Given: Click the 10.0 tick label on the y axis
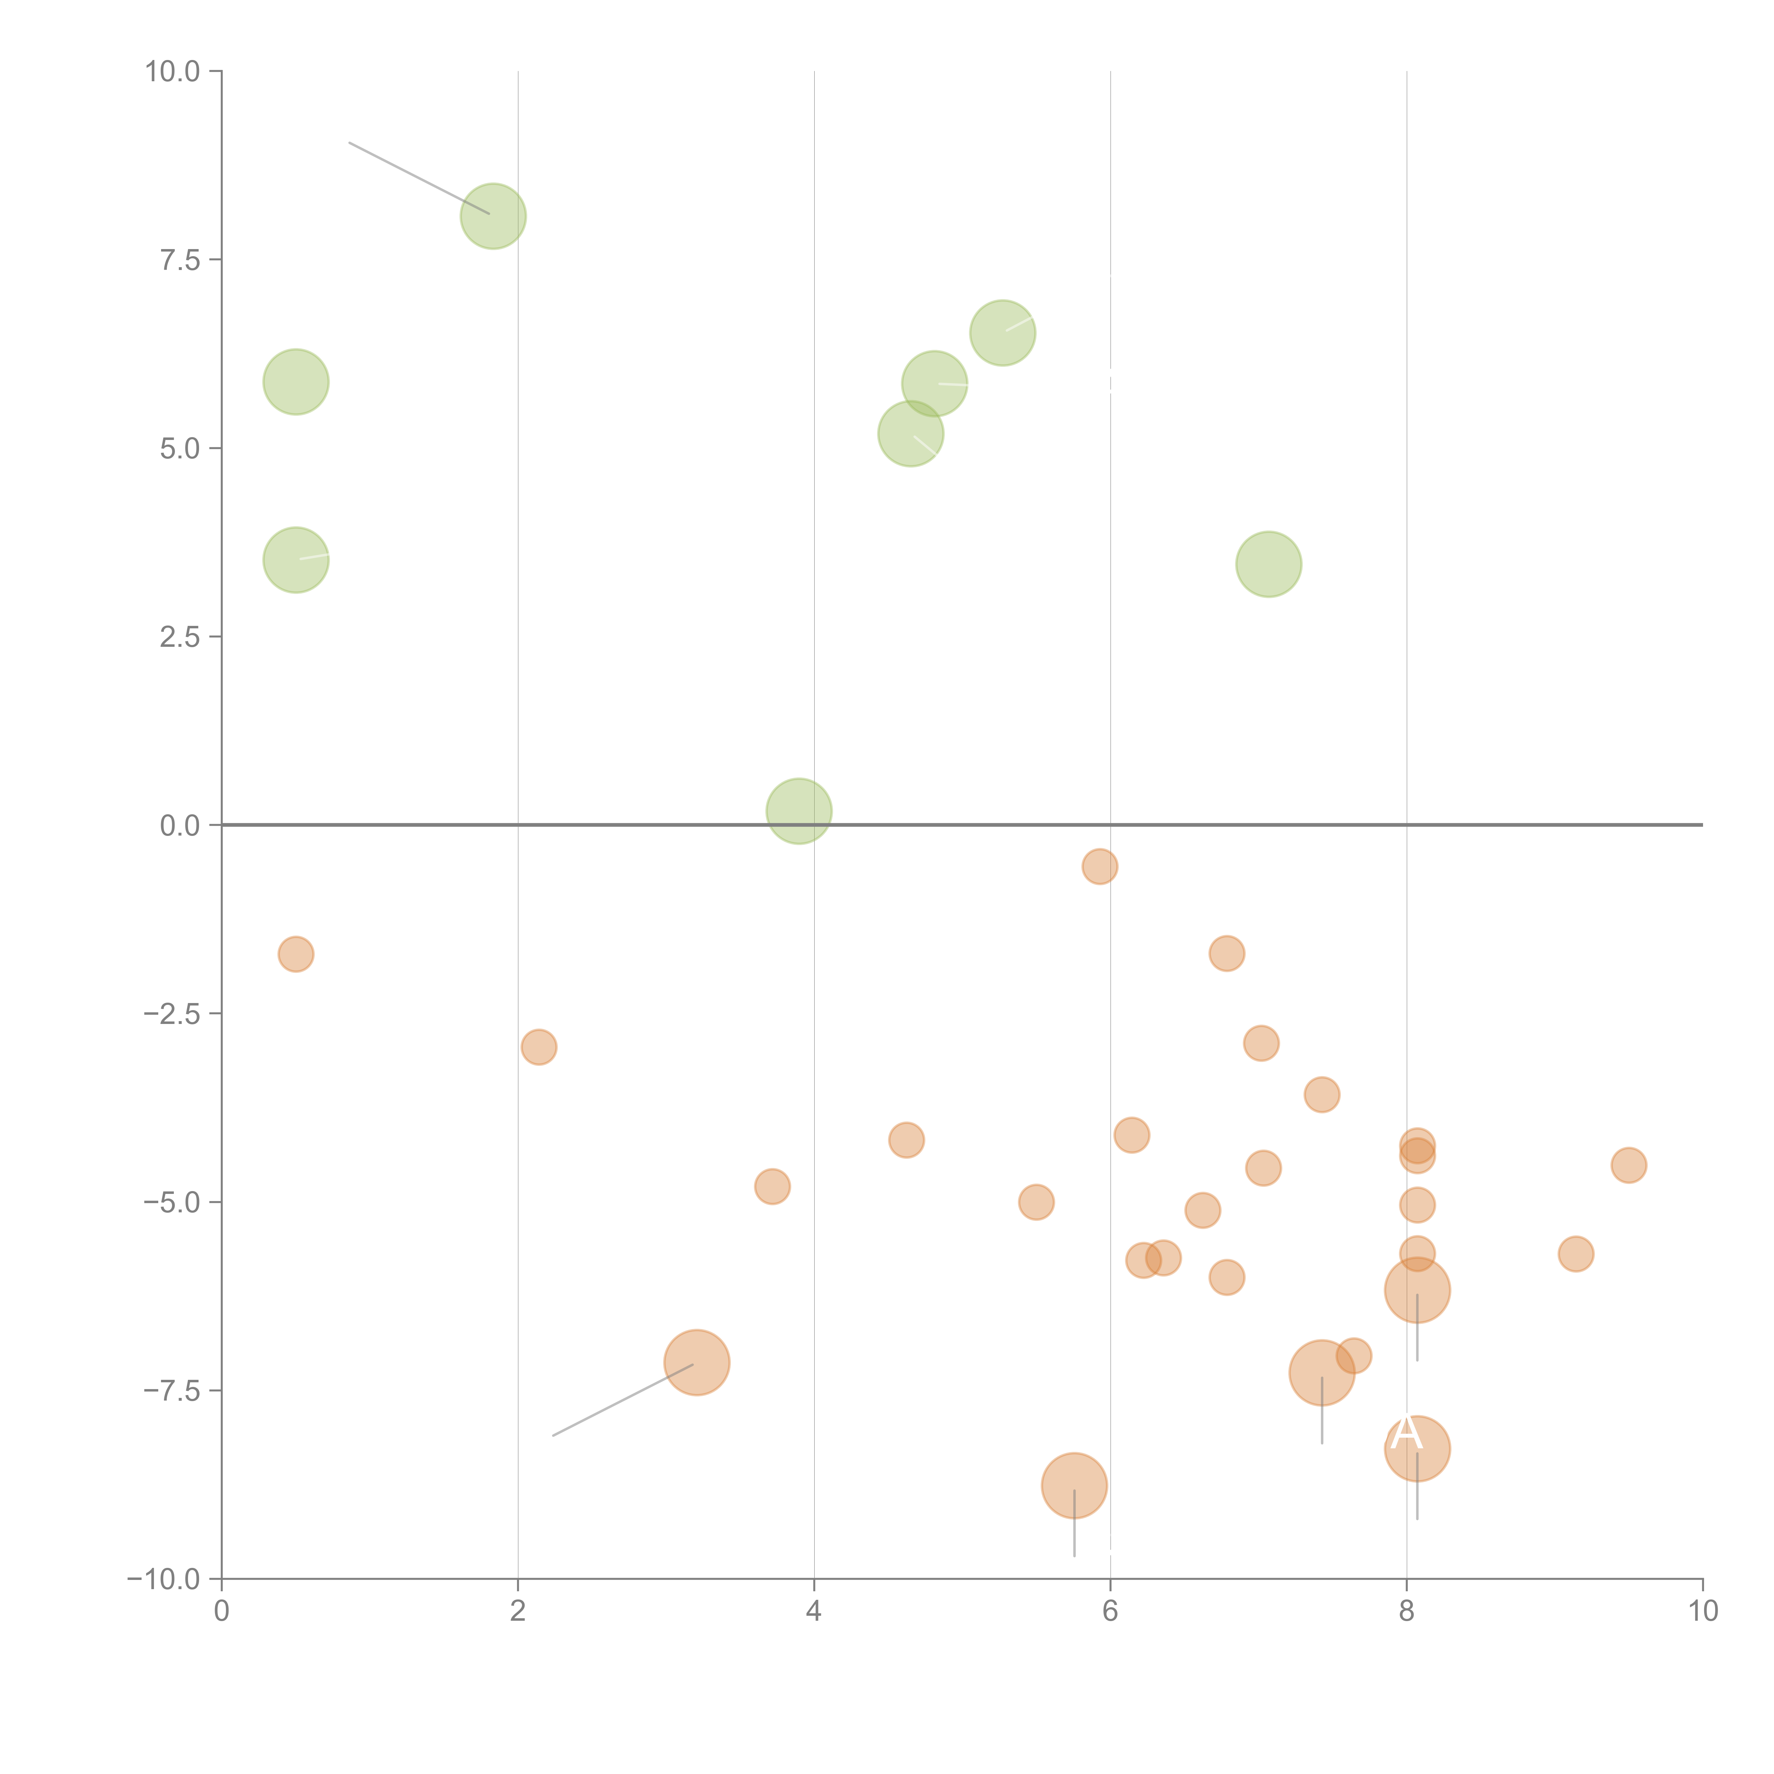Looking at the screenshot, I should [173, 72].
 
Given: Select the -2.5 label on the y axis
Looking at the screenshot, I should [172, 1014].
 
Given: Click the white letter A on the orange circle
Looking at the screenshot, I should [1406, 1434].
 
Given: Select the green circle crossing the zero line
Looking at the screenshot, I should [799, 811].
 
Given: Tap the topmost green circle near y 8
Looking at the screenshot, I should [493, 217].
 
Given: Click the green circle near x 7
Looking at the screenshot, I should [1268, 564].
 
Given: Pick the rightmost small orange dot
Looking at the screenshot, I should [1628, 1165].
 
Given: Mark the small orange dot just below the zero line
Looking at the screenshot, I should [1099, 866].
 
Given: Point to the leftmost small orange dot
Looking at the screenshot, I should [296, 954].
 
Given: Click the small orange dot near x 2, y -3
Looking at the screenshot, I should [538, 1047].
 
